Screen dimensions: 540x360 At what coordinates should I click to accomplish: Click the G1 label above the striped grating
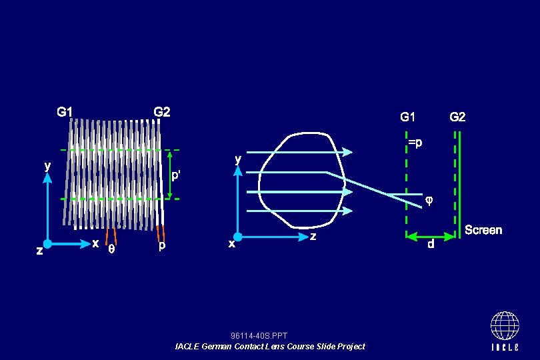click(x=65, y=112)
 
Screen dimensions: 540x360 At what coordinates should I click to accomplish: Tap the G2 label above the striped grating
click(x=162, y=112)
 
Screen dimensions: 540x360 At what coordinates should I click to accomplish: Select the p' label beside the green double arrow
click(x=175, y=175)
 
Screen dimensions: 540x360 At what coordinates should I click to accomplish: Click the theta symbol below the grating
click(x=111, y=249)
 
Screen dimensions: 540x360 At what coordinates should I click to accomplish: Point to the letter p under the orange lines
click(x=162, y=246)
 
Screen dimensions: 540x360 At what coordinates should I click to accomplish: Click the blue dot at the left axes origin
click(x=47, y=244)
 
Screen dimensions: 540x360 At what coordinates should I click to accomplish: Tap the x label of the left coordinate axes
click(x=95, y=243)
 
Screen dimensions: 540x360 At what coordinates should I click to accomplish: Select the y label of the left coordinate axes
click(x=47, y=166)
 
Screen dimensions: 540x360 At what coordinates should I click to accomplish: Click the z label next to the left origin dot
click(x=39, y=251)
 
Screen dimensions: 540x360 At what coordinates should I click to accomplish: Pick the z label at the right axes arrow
click(x=313, y=236)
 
